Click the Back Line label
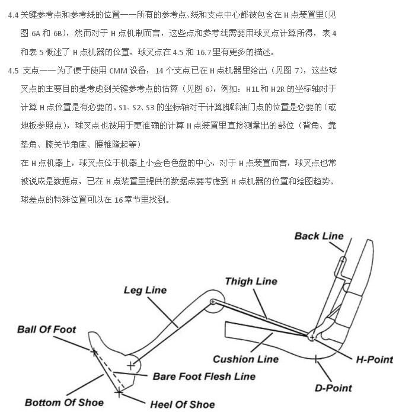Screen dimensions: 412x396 [319, 236]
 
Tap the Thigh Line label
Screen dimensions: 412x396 [251, 281]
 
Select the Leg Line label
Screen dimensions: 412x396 [145, 290]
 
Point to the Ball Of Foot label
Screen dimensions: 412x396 [46, 330]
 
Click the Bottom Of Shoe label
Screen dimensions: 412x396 [64, 403]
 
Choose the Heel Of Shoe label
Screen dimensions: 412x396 [182, 404]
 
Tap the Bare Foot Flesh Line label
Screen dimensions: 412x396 [204, 376]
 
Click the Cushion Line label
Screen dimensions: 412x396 [245, 359]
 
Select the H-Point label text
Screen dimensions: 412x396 [374, 359]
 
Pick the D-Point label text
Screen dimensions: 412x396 [333, 388]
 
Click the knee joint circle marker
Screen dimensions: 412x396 [212, 302]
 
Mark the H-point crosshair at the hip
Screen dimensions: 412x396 [311, 337]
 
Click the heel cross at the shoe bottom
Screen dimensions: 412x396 [120, 392]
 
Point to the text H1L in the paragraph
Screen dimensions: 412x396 [254, 90]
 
